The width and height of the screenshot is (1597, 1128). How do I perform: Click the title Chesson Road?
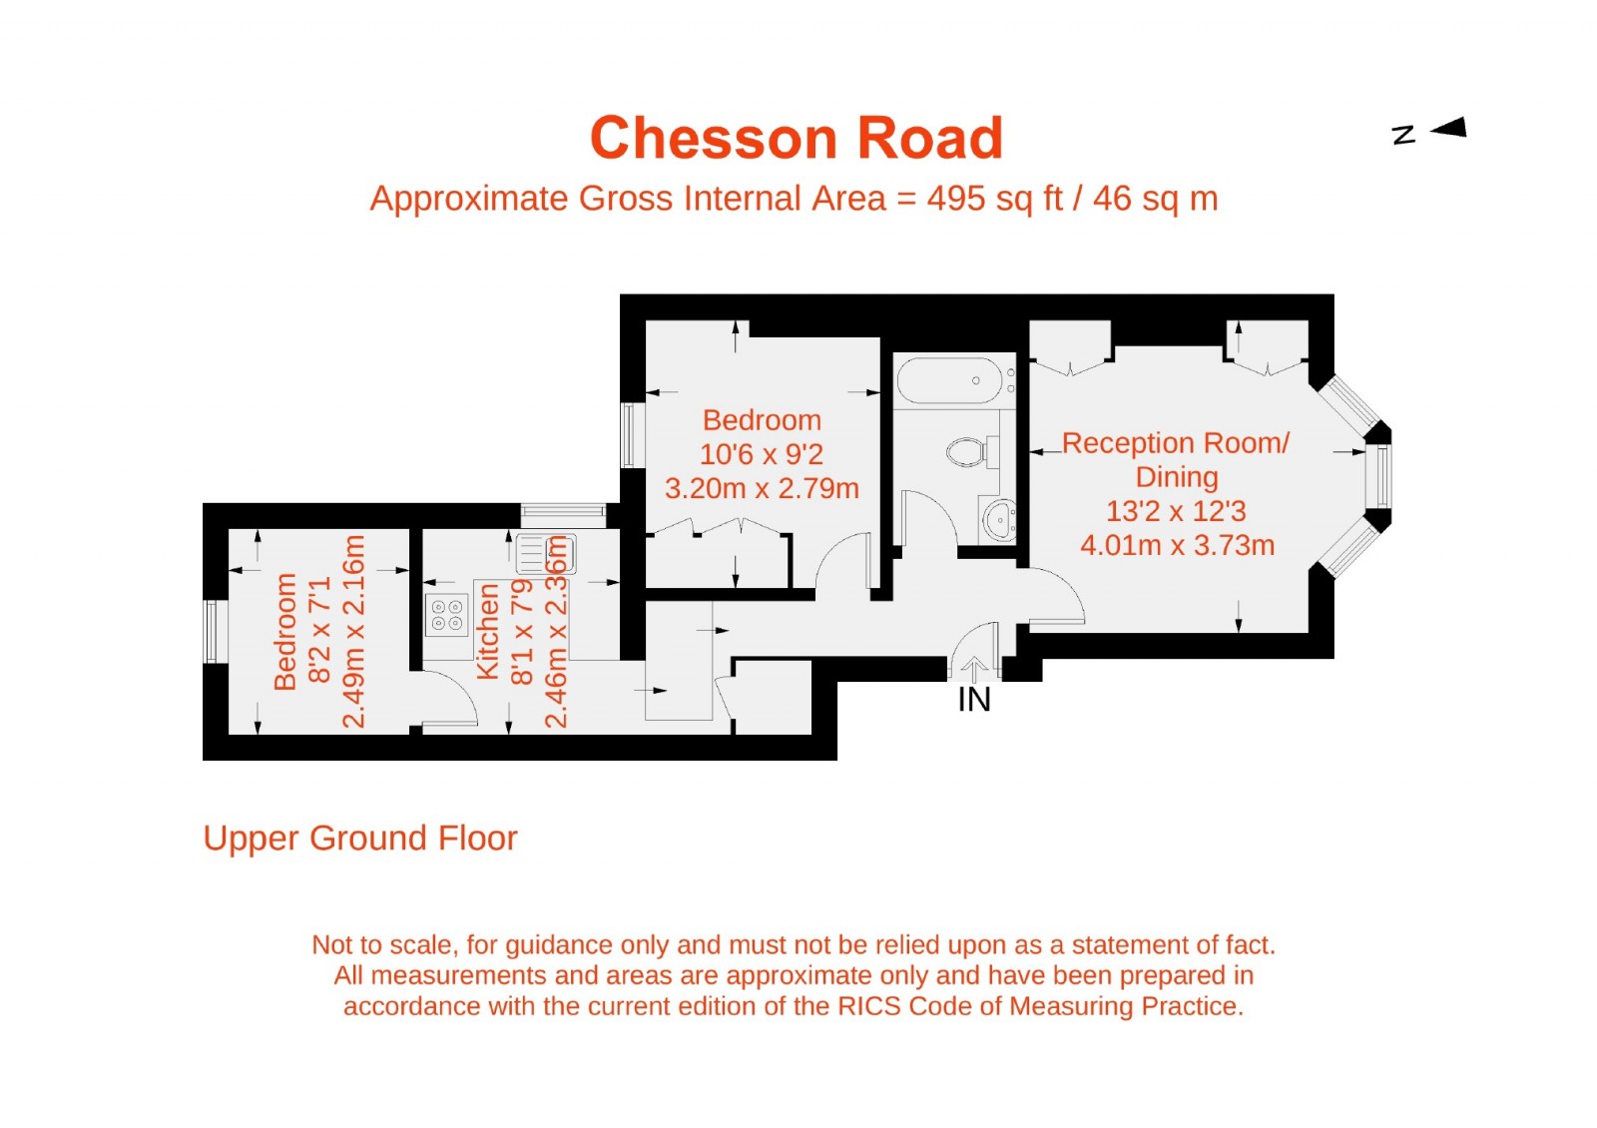pos(796,138)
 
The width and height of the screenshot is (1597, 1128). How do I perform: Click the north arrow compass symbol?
pos(1446,128)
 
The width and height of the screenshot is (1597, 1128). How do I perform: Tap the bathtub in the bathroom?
pos(950,380)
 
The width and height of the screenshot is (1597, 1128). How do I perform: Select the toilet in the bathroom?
pos(968,452)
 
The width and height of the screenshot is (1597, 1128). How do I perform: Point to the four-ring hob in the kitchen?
pos(446,615)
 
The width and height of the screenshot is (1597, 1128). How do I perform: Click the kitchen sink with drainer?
pos(544,554)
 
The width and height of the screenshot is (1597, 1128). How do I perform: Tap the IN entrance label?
pos(973,700)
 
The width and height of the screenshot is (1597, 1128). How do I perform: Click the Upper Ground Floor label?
pos(360,839)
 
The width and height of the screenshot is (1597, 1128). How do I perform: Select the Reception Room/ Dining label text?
pos(1175,459)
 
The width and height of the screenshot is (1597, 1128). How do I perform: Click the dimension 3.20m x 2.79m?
pos(762,489)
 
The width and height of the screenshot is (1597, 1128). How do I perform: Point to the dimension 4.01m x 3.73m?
pos(1177,546)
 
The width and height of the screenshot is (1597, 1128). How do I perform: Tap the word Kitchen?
pos(487,631)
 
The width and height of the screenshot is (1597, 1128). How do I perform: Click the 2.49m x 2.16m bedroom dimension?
pos(354,631)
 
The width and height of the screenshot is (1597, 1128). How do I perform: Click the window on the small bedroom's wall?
pos(211,631)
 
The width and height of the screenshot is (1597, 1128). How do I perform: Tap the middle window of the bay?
pos(1381,476)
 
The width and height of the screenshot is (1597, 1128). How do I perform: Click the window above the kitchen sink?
pos(563,515)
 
